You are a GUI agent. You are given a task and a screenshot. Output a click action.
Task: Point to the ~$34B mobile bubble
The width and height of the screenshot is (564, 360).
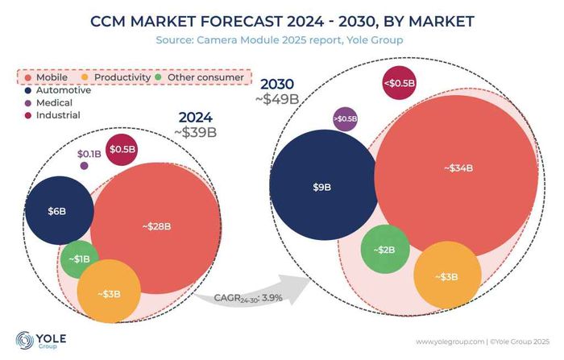coord(456,168)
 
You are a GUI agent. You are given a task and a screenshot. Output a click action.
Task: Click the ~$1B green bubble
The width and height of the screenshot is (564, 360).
coord(81,259)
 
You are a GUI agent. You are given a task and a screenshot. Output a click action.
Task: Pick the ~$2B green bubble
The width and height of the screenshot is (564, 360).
coord(384,249)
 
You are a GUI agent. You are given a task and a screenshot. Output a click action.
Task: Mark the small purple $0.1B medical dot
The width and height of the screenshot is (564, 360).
coord(84,166)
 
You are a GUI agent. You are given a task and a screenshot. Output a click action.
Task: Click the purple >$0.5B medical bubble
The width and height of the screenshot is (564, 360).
coord(344,120)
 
